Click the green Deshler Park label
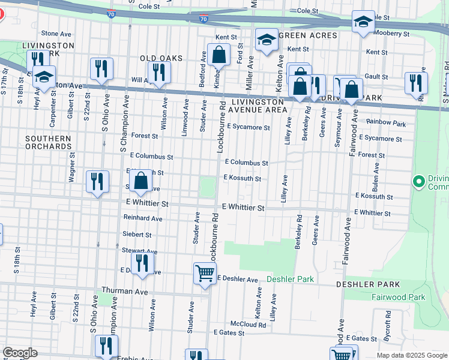pyautogui.click(x=290, y=280)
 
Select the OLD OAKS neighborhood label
pyautogui.click(x=160, y=58)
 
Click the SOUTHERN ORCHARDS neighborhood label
pyautogui.click(x=49, y=142)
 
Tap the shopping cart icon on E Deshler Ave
pyautogui.click(x=205, y=273)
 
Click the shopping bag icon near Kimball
pyautogui.click(x=220, y=55)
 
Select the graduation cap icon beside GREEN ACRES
pyautogui.click(x=266, y=40)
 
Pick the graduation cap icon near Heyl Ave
pyautogui.click(x=44, y=76)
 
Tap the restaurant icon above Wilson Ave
pyautogui.click(x=159, y=73)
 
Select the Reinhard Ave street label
pyautogui.click(x=143, y=218)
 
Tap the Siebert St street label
pyautogui.click(x=137, y=235)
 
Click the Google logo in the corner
pyautogui.click(x=20, y=353)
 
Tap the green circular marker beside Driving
pyautogui.click(x=419, y=180)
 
